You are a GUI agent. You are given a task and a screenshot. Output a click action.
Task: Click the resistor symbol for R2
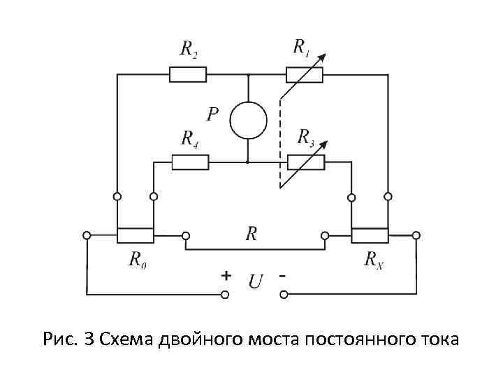(188, 73)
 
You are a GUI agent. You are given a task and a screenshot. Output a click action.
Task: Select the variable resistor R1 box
(305, 73)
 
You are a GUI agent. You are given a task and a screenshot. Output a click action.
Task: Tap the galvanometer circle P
(249, 118)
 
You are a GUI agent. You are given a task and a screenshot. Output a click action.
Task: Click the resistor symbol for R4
(190, 162)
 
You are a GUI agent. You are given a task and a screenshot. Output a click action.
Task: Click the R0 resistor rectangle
(135, 236)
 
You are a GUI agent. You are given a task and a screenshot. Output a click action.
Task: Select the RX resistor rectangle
(370, 236)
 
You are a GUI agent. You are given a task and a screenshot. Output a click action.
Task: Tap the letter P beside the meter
(213, 113)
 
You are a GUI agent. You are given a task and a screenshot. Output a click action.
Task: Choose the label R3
(306, 136)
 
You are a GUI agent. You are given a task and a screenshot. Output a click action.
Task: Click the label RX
(374, 260)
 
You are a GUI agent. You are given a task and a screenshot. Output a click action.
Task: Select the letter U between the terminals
(255, 281)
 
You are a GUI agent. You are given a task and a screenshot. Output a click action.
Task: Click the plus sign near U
(226, 276)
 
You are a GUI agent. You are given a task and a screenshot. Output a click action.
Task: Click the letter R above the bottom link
(251, 234)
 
